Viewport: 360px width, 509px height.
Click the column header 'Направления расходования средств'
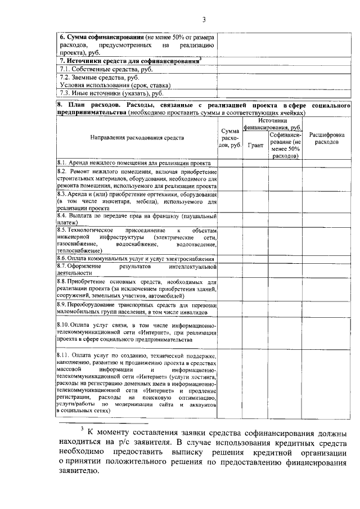tap(137, 137)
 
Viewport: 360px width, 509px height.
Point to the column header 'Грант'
tap(256, 145)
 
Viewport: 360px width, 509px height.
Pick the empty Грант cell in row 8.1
tap(256, 163)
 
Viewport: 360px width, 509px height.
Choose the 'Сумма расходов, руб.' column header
tap(230, 138)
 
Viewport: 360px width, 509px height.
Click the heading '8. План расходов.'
tap(90, 105)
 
